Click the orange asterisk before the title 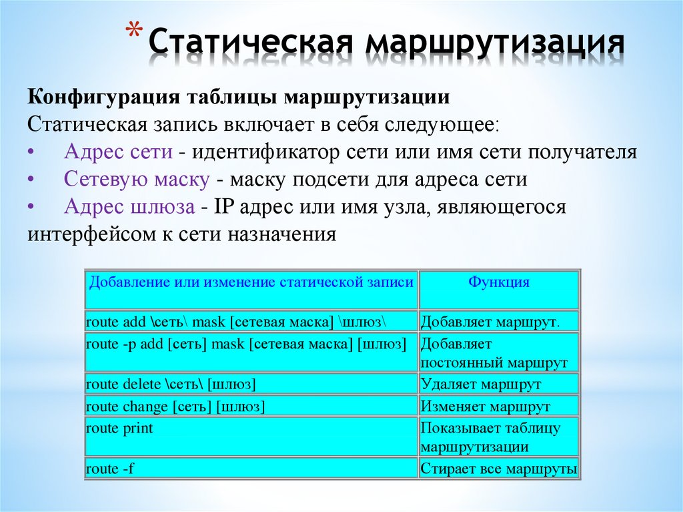[135, 33]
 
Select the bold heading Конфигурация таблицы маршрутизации [238, 97]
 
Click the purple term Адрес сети [119, 152]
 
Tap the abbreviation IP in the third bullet [223, 208]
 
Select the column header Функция [498, 282]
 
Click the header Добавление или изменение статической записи [251, 282]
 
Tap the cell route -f [110, 469]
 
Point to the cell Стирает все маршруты [498, 469]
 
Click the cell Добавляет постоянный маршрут [494, 354]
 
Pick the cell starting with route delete [171, 385]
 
